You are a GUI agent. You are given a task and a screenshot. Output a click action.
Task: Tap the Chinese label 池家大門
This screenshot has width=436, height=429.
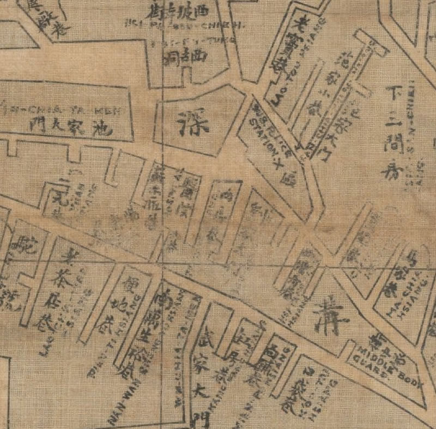click(x=71, y=126)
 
